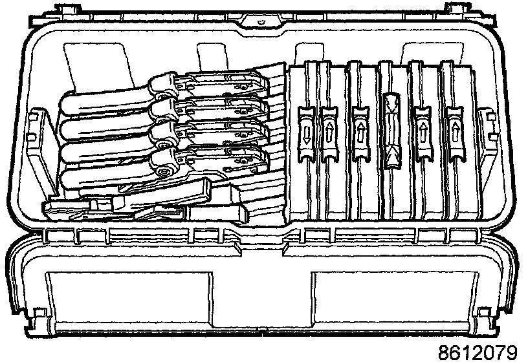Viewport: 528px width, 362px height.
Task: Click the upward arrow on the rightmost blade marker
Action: point(456,133)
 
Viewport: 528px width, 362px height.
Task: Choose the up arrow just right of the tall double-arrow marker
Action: point(423,133)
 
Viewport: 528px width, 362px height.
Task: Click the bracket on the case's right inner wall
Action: point(484,129)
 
